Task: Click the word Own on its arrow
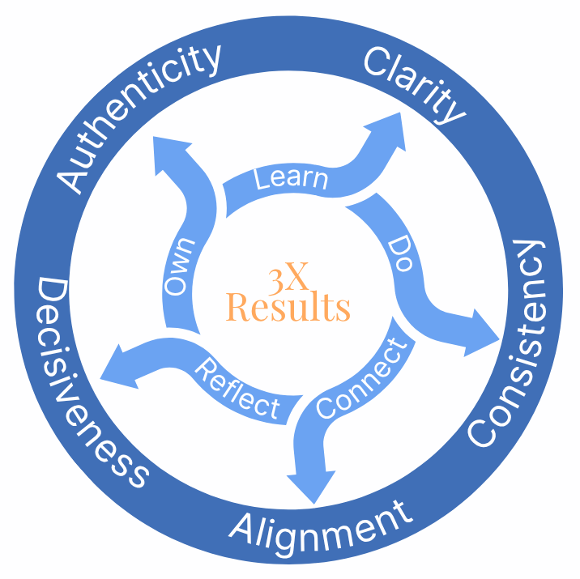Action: pos(181,265)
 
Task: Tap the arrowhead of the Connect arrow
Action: pos(312,485)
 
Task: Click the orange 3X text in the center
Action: pos(288,279)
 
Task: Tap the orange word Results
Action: pos(288,308)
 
